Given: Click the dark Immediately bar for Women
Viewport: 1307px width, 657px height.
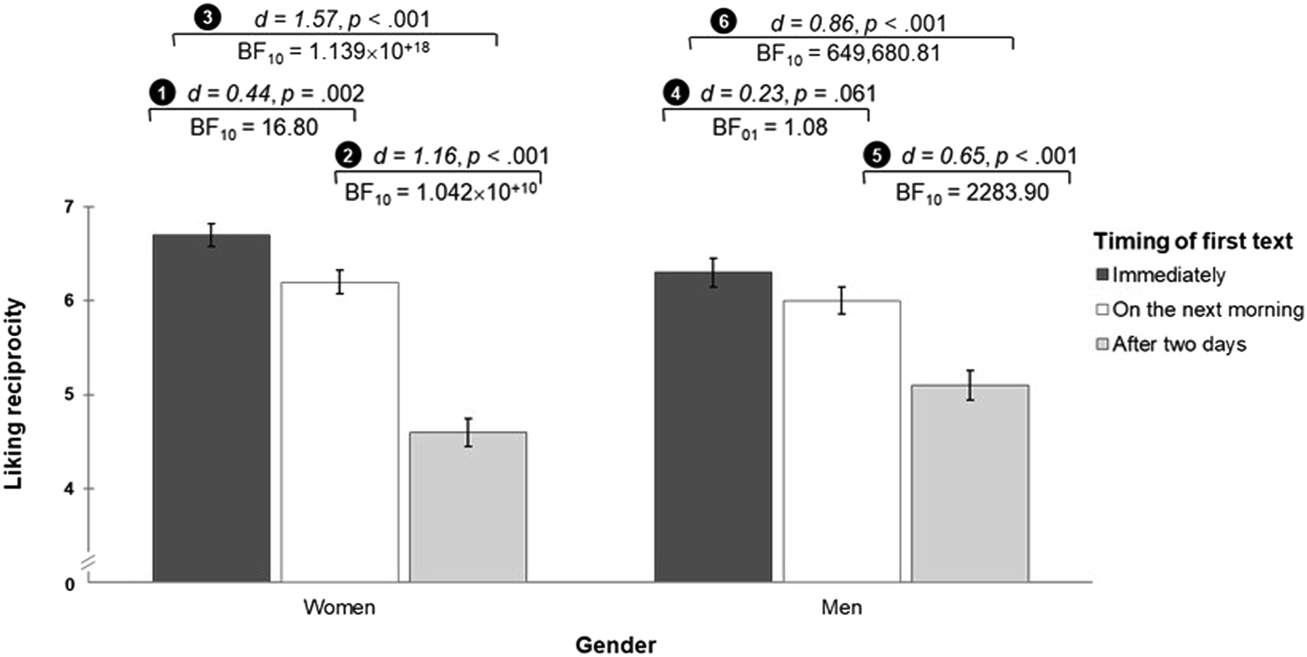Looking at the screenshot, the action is [x=211, y=408].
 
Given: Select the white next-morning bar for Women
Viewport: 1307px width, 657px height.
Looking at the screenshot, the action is [x=340, y=432].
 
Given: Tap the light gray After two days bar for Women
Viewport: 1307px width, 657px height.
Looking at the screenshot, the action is [x=468, y=507].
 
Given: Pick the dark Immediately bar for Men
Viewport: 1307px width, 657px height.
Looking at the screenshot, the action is [x=713, y=427].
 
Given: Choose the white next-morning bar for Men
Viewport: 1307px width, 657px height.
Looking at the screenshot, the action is [x=842, y=441].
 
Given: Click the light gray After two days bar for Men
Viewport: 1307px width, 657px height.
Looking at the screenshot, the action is [x=970, y=483].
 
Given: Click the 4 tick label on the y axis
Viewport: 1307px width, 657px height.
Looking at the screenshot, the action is [x=69, y=489].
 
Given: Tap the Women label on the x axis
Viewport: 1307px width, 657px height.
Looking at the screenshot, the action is [x=340, y=608].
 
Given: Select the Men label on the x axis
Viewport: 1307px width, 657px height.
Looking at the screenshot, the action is [x=842, y=608].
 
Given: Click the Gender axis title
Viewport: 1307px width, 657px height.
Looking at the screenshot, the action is [x=616, y=645].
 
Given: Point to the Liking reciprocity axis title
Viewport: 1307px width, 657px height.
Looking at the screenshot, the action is [x=13, y=394].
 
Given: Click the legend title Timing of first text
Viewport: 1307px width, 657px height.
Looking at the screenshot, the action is [x=1193, y=241].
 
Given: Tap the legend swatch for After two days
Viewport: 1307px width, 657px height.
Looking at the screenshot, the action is [x=1102, y=344].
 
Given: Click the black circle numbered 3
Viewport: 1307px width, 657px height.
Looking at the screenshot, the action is [x=207, y=19].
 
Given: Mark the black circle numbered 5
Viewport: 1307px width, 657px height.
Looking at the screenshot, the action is [x=877, y=155].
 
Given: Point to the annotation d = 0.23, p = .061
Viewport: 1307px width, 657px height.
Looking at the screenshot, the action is [x=788, y=94].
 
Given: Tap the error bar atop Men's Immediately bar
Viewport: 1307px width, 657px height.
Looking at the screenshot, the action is [x=713, y=272].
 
